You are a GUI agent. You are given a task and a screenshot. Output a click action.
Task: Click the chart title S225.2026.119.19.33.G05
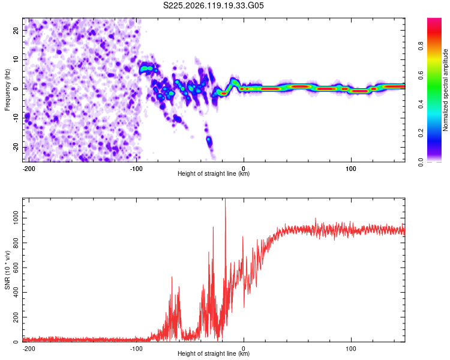tap(213, 5)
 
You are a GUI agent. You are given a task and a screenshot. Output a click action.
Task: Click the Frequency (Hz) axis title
tap(7, 90)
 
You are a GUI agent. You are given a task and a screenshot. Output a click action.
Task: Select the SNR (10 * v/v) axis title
tap(7, 270)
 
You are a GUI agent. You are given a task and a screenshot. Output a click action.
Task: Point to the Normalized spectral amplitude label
tap(445, 90)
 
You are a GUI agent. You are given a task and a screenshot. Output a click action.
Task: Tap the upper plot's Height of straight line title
tap(214, 173)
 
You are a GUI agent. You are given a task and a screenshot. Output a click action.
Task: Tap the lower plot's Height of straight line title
tap(214, 353)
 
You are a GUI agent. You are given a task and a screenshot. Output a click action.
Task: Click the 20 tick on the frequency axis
tap(16, 30)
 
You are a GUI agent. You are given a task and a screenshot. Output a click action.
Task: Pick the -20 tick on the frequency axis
tap(16, 147)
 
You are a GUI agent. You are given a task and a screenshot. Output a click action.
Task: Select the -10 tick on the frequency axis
tap(16, 118)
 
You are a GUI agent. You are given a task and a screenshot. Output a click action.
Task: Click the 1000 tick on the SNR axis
tap(16, 218)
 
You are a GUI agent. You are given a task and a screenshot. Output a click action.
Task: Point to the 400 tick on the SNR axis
tap(16, 293)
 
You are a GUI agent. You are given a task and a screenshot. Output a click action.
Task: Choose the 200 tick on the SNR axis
tap(16, 317)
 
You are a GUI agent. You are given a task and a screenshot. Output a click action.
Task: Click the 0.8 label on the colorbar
tap(421, 46)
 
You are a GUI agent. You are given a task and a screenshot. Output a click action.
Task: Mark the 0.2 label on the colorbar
tap(421, 133)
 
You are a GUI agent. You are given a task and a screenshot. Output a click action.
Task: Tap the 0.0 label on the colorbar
tap(421, 163)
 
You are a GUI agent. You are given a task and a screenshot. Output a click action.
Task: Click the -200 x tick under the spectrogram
tap(29, 169)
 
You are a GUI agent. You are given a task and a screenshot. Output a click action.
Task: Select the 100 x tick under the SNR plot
tap(351, 349)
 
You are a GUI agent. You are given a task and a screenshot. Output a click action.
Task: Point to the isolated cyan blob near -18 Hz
tap(209, 140)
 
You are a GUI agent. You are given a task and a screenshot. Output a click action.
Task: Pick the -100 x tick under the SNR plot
tap(136, 349)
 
